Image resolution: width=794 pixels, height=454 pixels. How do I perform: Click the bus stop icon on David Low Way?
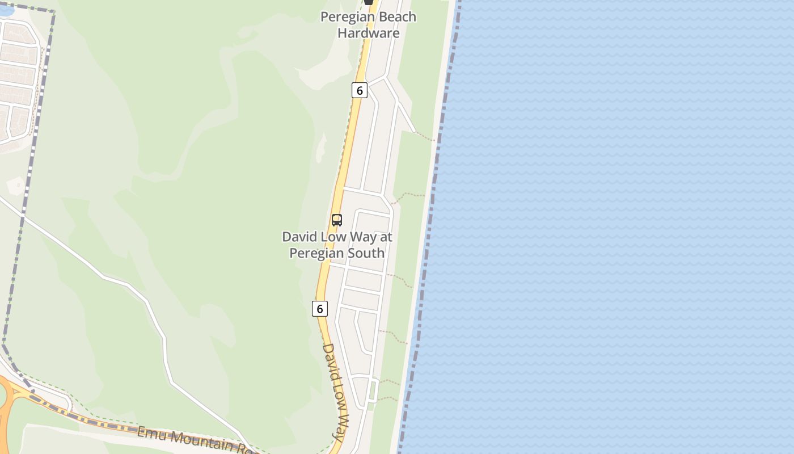click(x=337, y=220)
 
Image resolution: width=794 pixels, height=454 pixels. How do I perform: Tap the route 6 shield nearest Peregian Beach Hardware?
click(x=359, y=90)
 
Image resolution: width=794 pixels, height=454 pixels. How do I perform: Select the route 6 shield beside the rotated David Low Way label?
click(x=320, y=309)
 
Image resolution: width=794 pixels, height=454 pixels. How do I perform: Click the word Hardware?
click(x=369, y=33)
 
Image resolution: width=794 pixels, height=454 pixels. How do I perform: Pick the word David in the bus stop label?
click(x=299, y=237)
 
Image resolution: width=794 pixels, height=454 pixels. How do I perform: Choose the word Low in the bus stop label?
click(x=332, y=237)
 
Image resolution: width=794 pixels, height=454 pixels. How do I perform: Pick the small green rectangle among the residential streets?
click(x=372, y=390)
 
